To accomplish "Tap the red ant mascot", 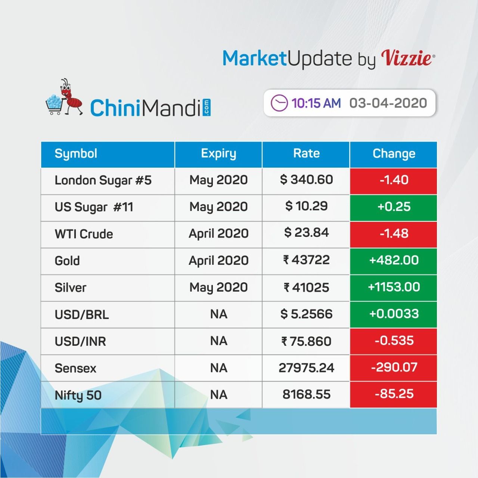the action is tap(71, 97).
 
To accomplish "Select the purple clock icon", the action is tap(279, 103).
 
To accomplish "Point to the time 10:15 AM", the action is tap(316, 103).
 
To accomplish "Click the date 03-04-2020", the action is tap(388, 103).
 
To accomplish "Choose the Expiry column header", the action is tap(218, 153).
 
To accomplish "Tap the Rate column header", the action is tap(306, 153).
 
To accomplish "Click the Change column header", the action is tap(394, 154).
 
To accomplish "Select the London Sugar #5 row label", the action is tap(103, 180).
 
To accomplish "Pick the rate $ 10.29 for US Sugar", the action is tap(306, 206).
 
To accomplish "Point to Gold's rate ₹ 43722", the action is tap(306, 260).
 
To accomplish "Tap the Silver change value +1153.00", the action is tap(394, 287).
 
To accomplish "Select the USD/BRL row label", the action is tap(82, 314).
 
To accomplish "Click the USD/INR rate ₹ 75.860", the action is tap(306, 341).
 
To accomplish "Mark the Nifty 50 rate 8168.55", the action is tap(306, 394).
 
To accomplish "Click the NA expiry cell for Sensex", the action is tap(218, 368).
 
